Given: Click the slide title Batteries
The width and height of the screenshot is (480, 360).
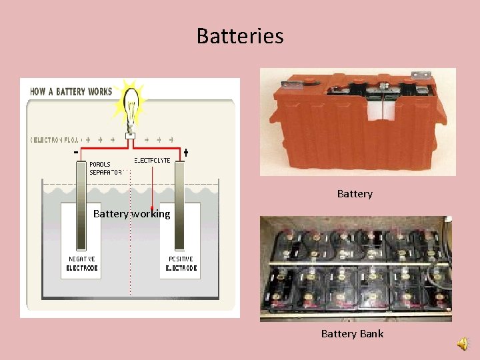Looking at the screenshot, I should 240,35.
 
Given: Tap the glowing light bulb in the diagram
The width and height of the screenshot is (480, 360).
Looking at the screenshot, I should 131,107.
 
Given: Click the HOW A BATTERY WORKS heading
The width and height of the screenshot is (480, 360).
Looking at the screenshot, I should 71,91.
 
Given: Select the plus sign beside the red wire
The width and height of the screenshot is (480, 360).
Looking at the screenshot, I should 185,153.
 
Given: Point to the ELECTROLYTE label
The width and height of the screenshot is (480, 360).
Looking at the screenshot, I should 152,161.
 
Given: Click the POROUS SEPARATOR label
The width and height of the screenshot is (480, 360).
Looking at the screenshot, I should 105,167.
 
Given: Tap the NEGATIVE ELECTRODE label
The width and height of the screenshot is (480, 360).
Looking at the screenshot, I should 82,263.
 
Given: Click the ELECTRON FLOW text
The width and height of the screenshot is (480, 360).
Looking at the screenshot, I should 55,140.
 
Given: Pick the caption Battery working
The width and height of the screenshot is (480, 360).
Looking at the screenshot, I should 131,214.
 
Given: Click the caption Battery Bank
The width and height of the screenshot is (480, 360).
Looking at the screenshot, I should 352,333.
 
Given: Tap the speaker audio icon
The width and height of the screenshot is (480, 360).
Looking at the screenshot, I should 462,343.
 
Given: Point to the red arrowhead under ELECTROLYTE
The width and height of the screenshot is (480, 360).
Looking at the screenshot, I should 152,208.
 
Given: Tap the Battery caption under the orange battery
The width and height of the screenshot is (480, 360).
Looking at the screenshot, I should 355,193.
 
